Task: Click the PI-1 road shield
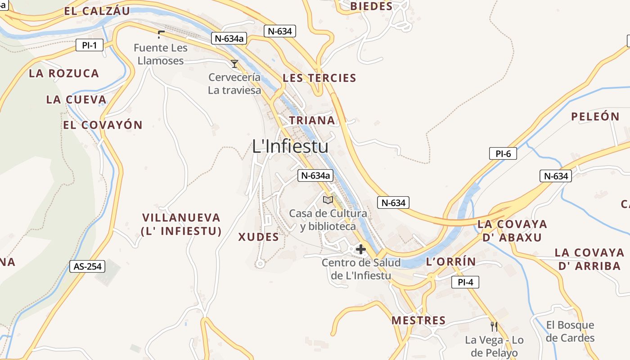tap(90, 45)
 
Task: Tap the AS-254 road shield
tap(88, 266)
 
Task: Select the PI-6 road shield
tap(503, 153)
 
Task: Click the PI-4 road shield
tap(465, 283)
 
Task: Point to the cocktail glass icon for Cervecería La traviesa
tap(234, 64)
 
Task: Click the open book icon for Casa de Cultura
tap(328, 200)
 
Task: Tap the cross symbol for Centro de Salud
tap(360, 249)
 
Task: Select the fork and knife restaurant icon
tap(494, 326)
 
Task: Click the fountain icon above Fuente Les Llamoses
tap(161, 34)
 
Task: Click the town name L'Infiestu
tap(290, 146)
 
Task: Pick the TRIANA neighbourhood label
tap(312, 121)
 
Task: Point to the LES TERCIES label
tap(319, 78)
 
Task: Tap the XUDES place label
tap(258, 237)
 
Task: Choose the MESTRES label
tap(418, 320)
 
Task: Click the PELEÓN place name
tap(595, 117)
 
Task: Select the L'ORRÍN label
tap(450, 262)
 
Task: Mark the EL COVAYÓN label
tap(103, 125)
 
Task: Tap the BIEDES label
tap(371, 6)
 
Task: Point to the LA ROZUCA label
tap(64, 73)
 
